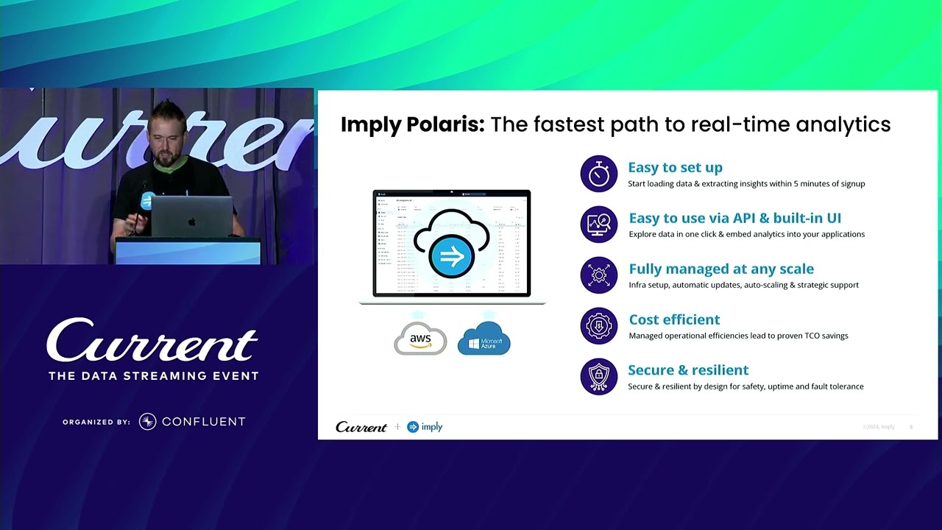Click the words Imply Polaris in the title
(x=412, y=124)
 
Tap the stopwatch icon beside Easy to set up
(x=598, y=174)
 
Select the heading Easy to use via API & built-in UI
(x=734, y=218)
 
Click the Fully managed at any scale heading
(x=720, y=269)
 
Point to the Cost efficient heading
(x=674, y=319)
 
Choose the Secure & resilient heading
(x=687, y=370)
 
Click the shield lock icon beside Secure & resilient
(x=598, y=376)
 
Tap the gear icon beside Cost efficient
(x=598, y=325)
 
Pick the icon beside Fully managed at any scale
(x=598, y=275)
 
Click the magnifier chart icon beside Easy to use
(x=598, y=224)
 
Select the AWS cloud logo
(x=420, y=339)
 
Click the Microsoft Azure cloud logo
(x=484, y=339)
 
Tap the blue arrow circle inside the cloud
(x=450, y=257)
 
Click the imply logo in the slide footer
(x=425, y=427)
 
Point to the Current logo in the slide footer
(x=361, y=427)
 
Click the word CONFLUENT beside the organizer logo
(x=203, y=422)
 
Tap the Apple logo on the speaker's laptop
(x=191, y=221)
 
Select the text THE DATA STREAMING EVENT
(x=153, y=376)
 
